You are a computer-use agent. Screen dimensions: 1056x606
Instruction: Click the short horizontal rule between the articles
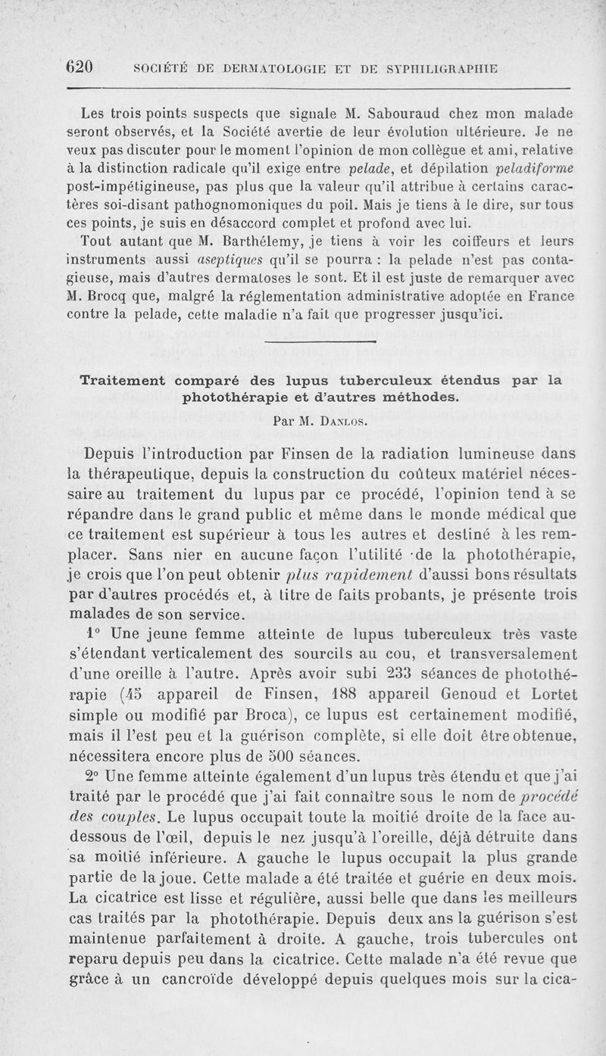coord(323,344)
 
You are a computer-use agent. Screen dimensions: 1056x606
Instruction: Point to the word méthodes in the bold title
coord(419,396)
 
